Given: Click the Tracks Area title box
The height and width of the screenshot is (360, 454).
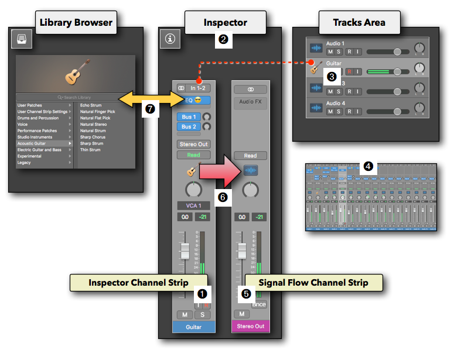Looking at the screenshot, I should pos(359,23).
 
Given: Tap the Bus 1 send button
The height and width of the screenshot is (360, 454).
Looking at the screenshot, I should pos(188,116).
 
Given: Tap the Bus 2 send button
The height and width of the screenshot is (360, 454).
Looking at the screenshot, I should pos(188,126).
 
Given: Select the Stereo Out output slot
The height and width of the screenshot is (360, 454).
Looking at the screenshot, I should pos(194,144).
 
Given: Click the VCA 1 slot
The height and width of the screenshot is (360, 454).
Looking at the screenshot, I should pos(193,205).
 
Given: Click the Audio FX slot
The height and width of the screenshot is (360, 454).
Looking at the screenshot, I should pos(251,101).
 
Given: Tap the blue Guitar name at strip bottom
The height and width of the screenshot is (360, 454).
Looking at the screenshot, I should pos(194,326).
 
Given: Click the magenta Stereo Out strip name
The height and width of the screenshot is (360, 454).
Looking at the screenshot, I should pos(251,326).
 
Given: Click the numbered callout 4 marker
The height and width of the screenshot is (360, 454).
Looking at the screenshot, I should pos(368,166).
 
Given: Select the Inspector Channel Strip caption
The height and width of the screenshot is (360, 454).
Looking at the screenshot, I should pos(138,283).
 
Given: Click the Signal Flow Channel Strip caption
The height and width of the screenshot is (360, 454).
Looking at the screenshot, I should pos(314,283).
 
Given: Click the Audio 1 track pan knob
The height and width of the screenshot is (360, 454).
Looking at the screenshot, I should pos(419,47).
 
